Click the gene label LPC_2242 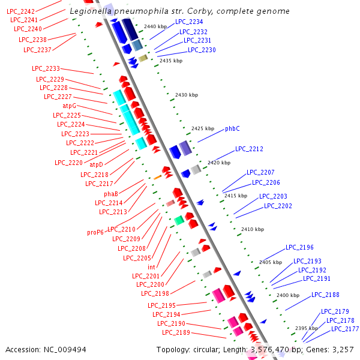pyautogui.click(x=20, y=11)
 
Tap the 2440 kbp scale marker pyautogui.click(x=155, y=27)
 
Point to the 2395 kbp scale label pyautogui.click(x=306, y=328)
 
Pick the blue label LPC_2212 pyautogui.click(x=249, y=149)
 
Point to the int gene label pyautogui.click(x=151, y=267)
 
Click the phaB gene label pyautogui.click(x=110, y=194)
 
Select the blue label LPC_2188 pyautogui.click(x=325, y=295)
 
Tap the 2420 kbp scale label pyautogui.click(x=218, y=163)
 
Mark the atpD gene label pyautogui.click(x=96, y=164)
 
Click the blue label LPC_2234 pyautogui.click(x=189, y=22)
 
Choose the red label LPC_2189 pyautogui.click(x=176, y=332)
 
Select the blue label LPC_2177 pyautogui.click(x=345, y=329)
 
